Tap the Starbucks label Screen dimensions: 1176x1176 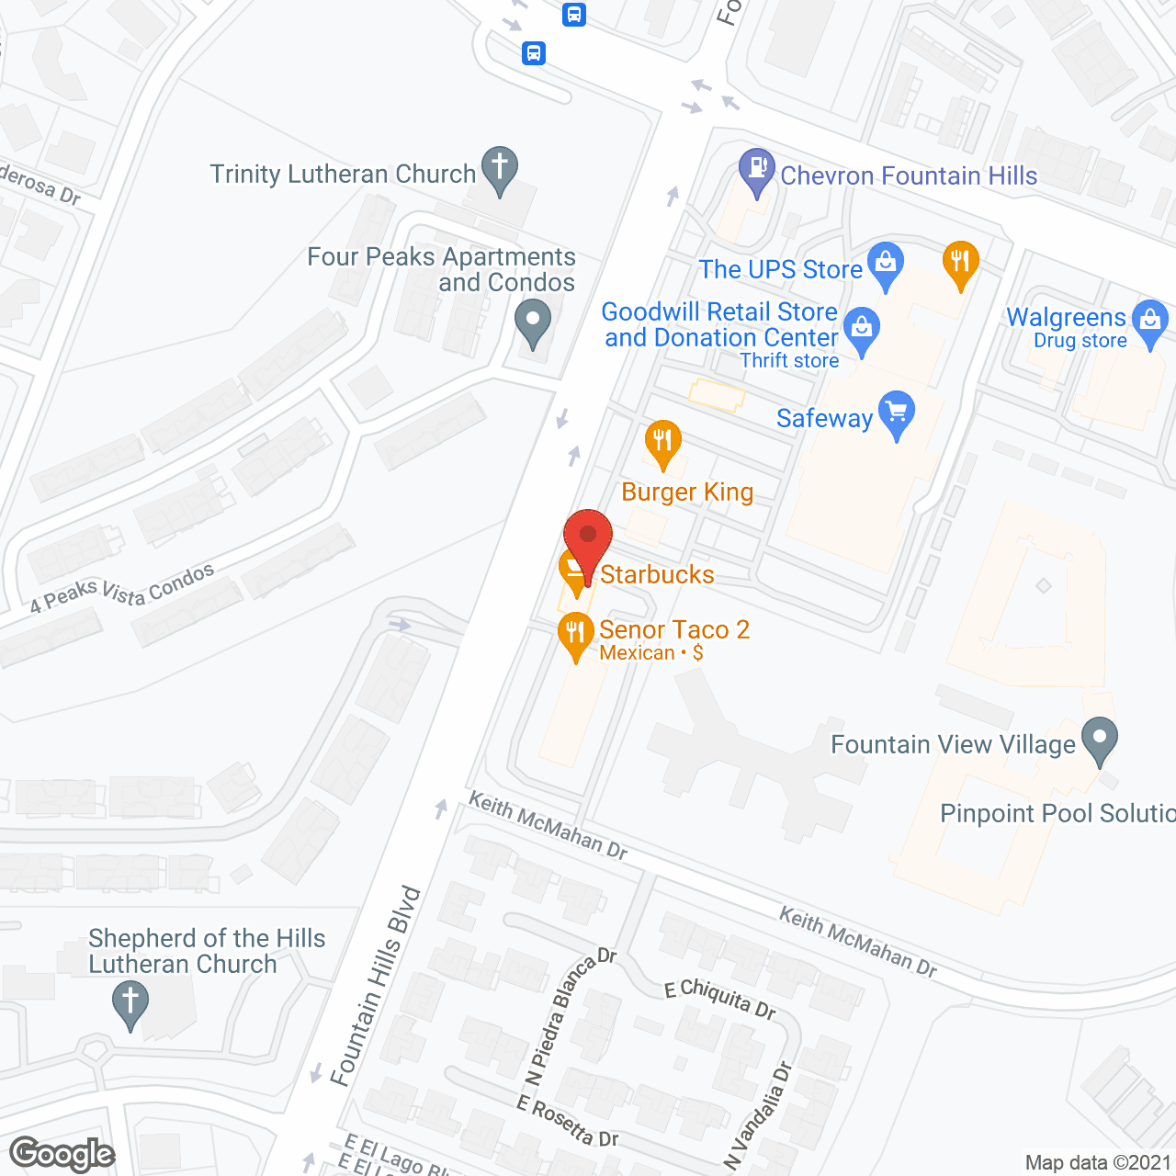click(x=657, y=575)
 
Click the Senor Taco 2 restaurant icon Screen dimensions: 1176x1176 click(x=575, y=633)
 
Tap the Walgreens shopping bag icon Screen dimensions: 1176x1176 click(x=1150, y=322)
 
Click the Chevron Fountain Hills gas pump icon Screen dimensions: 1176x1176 click(x=757, y=170)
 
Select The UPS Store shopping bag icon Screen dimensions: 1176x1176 click(x=886, y=264)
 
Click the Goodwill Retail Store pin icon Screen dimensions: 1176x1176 click(x=862, y=328)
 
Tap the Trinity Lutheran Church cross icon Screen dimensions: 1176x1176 click(x=500, y=168)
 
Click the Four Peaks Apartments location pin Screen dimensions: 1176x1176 click(x=533, y=323)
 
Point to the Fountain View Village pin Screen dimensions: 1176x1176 click(x=1099, y=740)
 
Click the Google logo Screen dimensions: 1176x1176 click(x=62, y=1154)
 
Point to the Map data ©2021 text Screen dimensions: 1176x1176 click(x=1098, y=1163)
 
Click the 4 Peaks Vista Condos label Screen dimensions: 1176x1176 click(x=122, y=589)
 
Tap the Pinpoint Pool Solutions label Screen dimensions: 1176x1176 click(x=1057, y=814)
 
